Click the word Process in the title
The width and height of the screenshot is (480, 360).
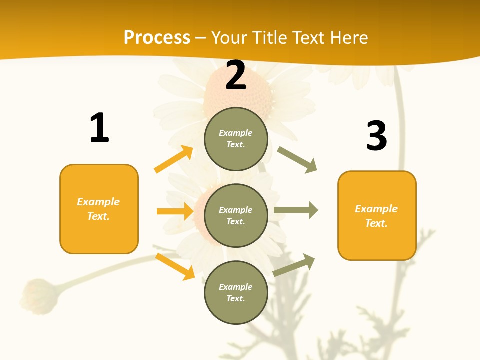pos(157,38)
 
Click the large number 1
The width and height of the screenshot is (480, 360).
pos(99,128)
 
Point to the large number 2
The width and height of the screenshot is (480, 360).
pos(236,76)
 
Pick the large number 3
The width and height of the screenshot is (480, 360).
pos(376,136)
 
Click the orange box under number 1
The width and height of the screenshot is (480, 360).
pos(99,209)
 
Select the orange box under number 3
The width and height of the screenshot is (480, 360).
pos(377,215)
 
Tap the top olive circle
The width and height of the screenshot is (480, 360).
pos(236,139)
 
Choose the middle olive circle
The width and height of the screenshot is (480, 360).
pos(236,215)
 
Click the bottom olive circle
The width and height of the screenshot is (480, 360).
pos(236,292)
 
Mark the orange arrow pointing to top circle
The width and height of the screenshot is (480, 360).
pos(174,159)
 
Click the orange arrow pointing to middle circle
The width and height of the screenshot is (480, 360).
pos(175,211)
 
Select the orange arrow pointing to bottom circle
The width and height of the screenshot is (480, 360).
pos(175,266)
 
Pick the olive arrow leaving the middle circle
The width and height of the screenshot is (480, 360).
pos(296,210)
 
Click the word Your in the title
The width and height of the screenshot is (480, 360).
pos(230,38)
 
